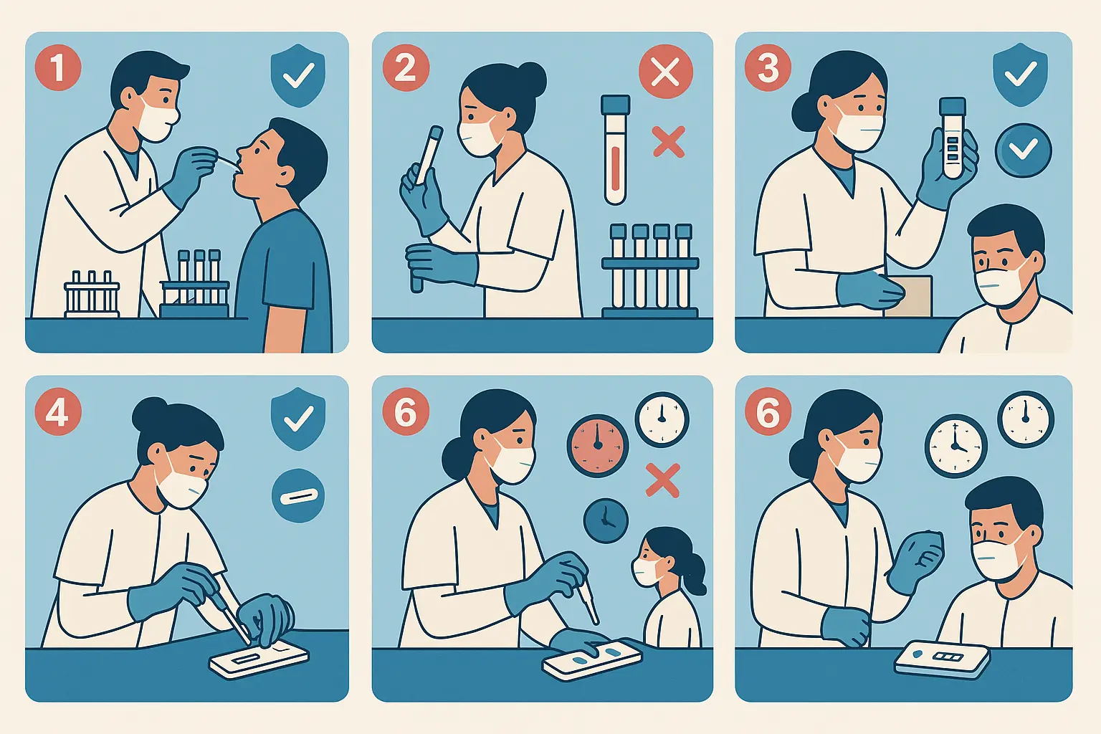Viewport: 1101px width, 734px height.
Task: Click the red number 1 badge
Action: [x=58, y=67]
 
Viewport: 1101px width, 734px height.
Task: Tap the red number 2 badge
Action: [x=406, y=68]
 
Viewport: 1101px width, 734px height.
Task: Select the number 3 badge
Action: [x=768, y=68]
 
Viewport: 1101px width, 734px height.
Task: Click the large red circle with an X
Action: [x=665, y=72]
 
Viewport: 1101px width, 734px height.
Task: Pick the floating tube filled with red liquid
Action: [x=615, y=151]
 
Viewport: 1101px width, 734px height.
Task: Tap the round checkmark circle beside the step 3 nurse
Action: [x=1023, y=150]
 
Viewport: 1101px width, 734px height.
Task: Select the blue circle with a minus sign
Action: [x=298, y=495]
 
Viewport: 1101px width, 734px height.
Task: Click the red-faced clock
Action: [x=598, y=445]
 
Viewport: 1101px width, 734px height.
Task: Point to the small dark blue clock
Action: [x=606, y=520]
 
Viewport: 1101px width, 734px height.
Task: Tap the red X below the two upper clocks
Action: [x=662, y=480]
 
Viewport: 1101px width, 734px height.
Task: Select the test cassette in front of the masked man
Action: [x=942, y=659]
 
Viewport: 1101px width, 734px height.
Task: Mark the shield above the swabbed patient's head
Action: [x=297, y=75]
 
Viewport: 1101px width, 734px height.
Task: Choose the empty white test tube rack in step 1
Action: [x=92, y=295]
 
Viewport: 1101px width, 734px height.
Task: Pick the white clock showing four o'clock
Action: [x=955, y=445]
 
